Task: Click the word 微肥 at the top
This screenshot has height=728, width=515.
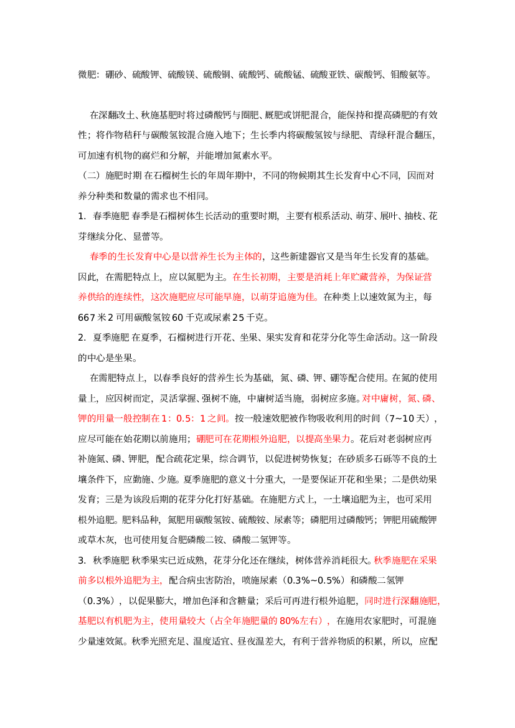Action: tap(87, 74)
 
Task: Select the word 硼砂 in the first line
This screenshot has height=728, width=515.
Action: tap(114, 74)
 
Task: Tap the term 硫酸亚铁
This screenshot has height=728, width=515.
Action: tap(328, 74)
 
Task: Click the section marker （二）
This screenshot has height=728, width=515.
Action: tap(92, 176)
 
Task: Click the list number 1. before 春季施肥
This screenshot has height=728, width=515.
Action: tap(82, 216)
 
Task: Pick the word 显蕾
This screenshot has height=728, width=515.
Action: tap(141, 236)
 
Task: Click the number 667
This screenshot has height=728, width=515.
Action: tap(87, 318)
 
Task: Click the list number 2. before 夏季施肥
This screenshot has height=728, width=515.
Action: tap(82, 338)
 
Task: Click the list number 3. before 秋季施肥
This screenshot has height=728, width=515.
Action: tap(82, 560)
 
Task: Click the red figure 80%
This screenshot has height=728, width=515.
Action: tap(288, 621)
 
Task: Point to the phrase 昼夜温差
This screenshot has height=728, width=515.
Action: tap(255, 641)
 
